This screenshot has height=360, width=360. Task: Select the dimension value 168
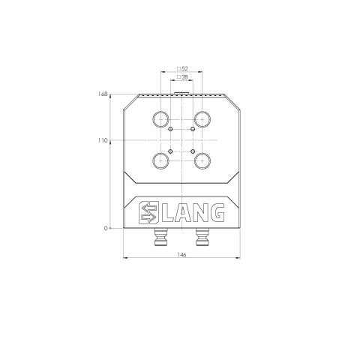(103, 94)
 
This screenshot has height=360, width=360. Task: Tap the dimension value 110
(103, 140)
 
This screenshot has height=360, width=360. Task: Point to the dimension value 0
(107, 227)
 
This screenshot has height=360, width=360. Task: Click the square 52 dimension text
(181, 68)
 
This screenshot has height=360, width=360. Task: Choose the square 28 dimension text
(181, 78)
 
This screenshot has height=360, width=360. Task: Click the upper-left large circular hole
(161, 118)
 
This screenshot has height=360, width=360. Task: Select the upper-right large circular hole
(202, 118)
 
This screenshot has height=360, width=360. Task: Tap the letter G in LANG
(215, 214)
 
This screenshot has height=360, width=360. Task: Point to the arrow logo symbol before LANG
(149, 214)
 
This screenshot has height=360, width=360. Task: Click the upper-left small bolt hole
(171, 129)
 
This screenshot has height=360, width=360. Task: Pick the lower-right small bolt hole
(192, 150)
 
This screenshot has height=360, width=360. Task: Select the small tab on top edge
(181, 93)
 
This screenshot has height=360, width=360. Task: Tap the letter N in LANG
(198, 214)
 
